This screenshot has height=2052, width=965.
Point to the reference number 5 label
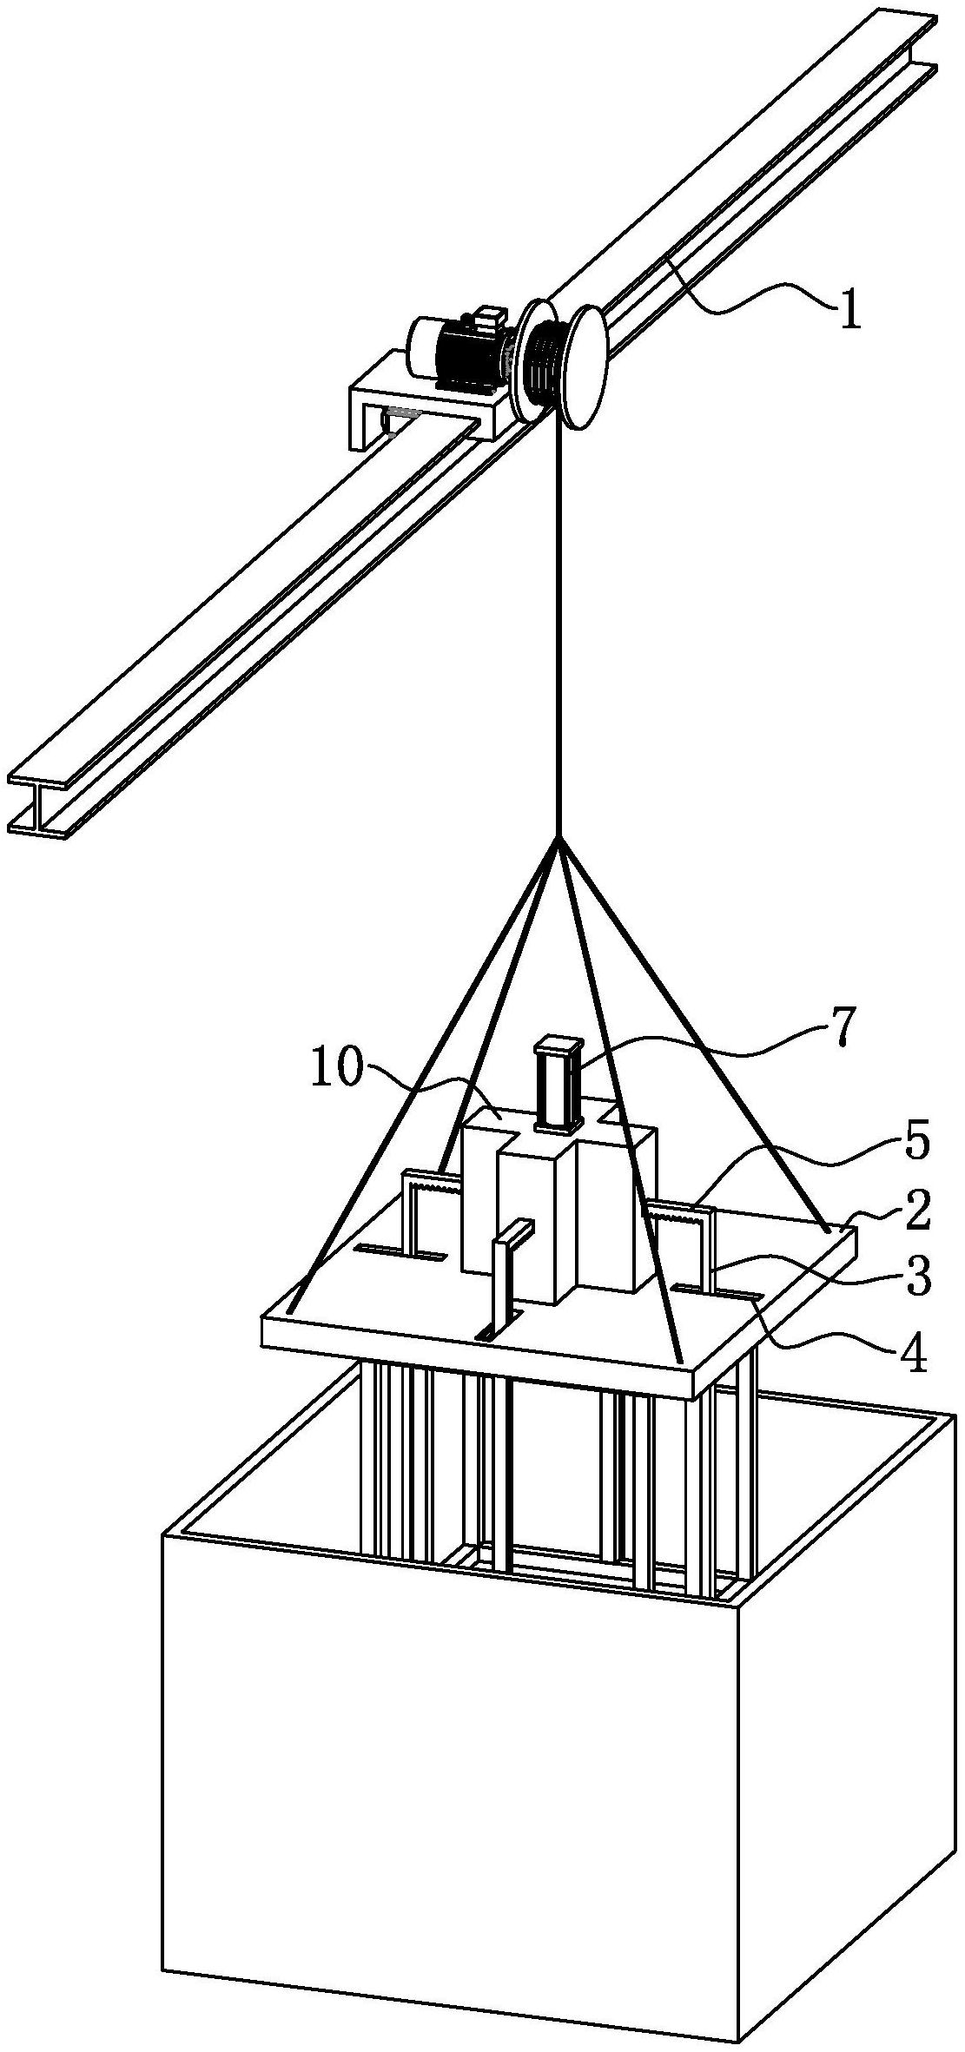[914, 1144]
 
